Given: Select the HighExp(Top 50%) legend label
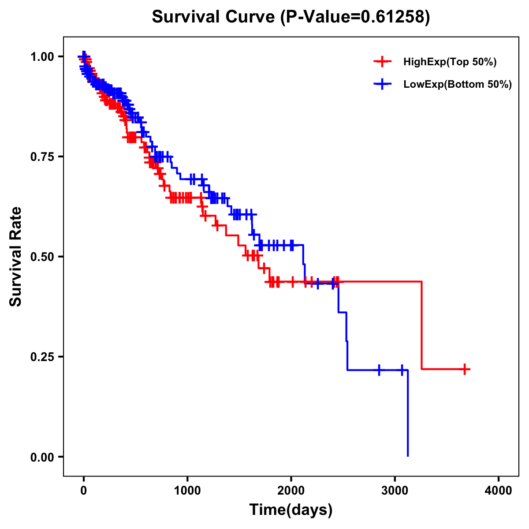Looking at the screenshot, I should pos(450,62).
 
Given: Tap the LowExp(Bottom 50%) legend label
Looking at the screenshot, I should pos(458,85).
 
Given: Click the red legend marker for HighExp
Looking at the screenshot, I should pos(383,62).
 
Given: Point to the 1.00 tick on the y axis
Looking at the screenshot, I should pos(42,56).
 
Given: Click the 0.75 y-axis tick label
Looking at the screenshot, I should pos(42,156).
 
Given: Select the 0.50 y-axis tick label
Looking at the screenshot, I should pos(42,257).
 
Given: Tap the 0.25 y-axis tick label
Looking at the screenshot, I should pos(42,357).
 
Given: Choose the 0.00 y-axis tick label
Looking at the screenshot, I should pos(42,457).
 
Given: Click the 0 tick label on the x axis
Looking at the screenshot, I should pos(84,490).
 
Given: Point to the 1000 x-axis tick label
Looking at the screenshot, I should pos(187,490).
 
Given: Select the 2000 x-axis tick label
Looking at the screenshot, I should pos(291,490).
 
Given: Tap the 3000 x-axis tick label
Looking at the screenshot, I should pos(395,490).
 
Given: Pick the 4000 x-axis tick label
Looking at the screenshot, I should pos(499,490).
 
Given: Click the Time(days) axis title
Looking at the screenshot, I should pos(291,510).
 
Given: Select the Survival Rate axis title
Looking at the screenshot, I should pos(16,256).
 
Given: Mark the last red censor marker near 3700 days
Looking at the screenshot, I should pos(465,369).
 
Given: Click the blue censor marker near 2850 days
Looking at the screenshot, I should pos(379,370).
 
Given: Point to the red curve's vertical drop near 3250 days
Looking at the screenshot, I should pos(421,325).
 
